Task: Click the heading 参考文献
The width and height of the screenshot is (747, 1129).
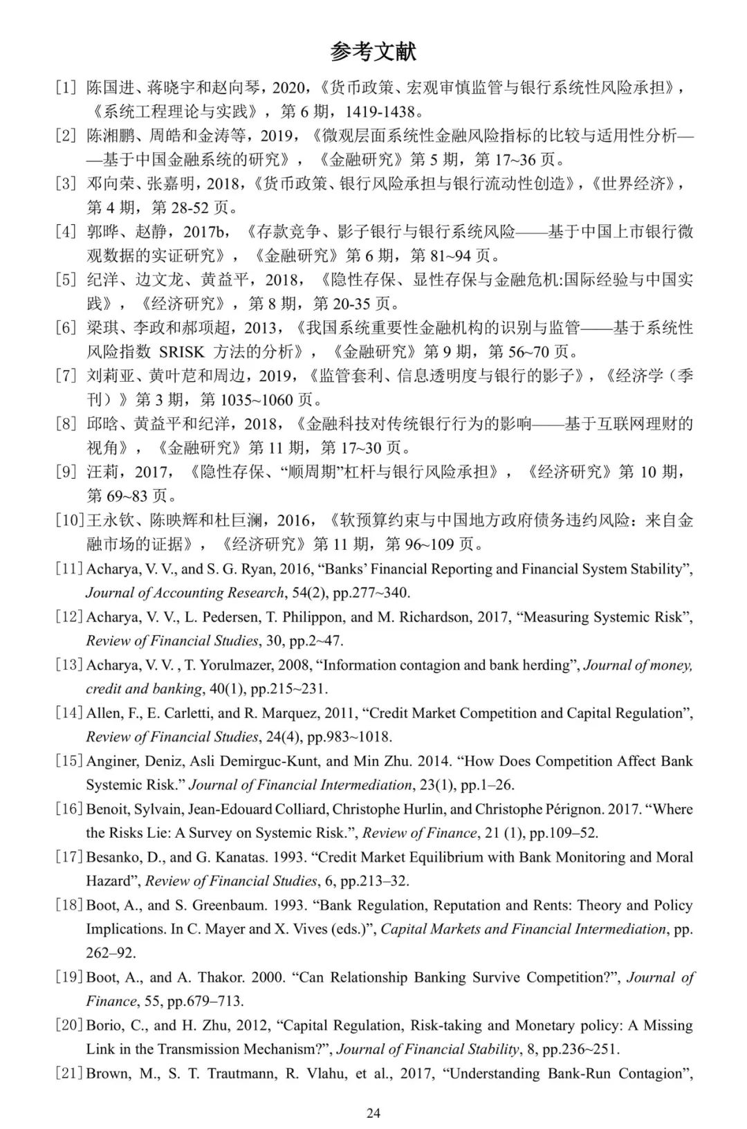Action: [x=373, y=52]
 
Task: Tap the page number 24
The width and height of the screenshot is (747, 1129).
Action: [x=373, y=1113]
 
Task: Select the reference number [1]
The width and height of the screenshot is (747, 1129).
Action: [x=66, y=88]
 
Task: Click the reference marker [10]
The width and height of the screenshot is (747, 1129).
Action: [x=70, y=520]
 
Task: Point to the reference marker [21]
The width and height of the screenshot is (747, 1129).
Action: [x=70, y=1073]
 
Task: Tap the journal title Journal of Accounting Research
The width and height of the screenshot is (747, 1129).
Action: [x=184, y=592]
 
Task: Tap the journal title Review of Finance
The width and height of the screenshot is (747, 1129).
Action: [x=420, y=832]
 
